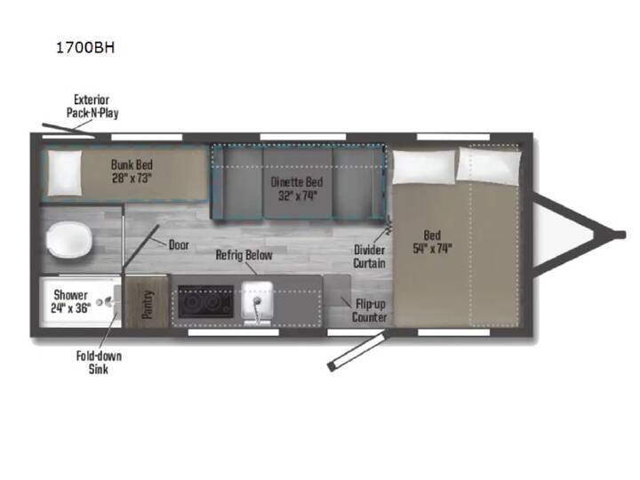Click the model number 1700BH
click(x=85, y=48)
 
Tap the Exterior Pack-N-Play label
click(x=92, y=106)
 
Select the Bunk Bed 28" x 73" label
click(x=132, y=172)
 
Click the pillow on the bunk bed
click(x=65, y=173)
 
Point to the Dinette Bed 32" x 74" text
click(x=297, y=188)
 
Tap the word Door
click(x=179, y=245)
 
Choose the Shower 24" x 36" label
click(x=70, y=301)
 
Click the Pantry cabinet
click(x=147, y=301)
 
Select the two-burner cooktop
click(x=205, y=301)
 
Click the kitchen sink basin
click(x=257, y=300)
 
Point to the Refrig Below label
click(x=244, y=255)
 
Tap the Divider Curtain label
click(x=369, y=256)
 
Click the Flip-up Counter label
click(x=370, y=310)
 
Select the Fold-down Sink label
click(x=99, y=363)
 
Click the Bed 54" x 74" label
click(x=432, y=242)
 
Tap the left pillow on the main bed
click(x=424, y=166)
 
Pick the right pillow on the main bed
click(x=489, y=164)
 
